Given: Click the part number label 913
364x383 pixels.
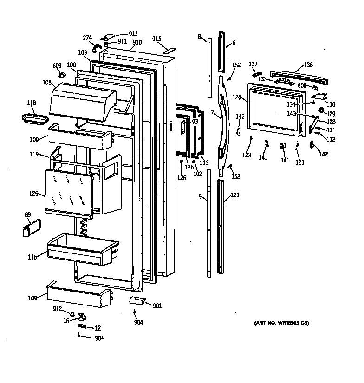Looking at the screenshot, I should coord(133,33).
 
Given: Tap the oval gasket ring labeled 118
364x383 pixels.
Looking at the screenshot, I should coord(34,118).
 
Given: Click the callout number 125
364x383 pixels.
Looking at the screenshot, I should coord(33,193).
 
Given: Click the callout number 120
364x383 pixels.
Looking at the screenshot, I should coord(237,98).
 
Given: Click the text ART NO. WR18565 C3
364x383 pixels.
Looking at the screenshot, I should coord(281,323).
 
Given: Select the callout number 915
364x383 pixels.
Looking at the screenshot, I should coord(156,39).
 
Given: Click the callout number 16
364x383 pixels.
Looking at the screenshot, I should coord(66,320).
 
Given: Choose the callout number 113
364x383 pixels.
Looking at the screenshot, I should coord(204,162).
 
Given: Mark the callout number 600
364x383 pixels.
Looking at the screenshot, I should coord(302,85).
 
